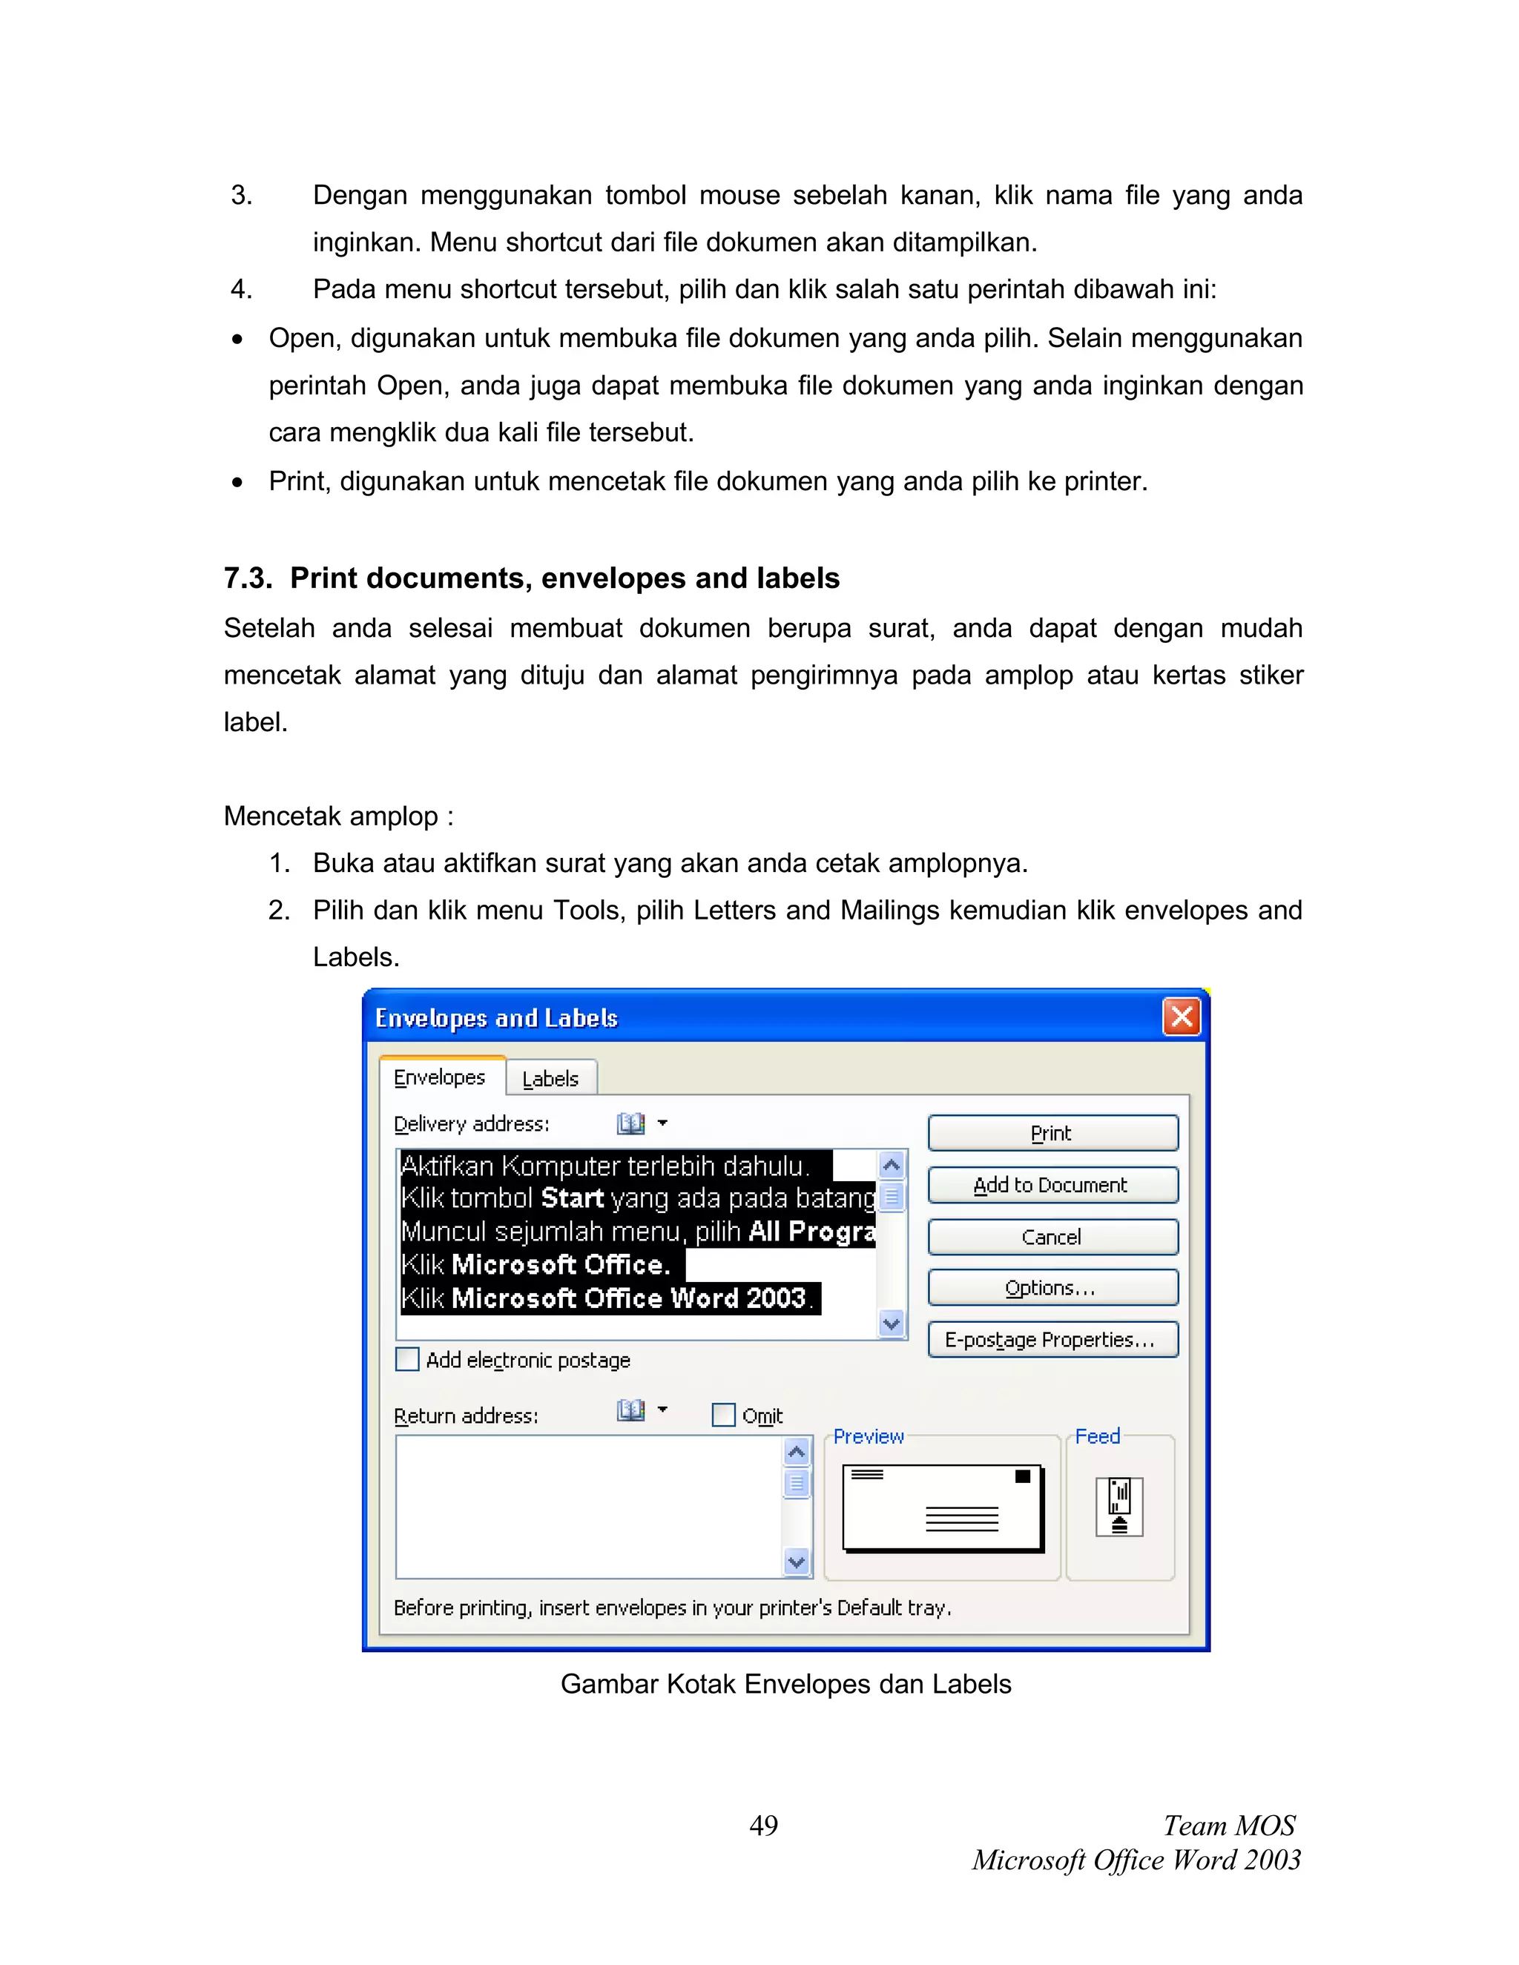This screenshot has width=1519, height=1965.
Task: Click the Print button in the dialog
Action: click(x=1052, y=1133)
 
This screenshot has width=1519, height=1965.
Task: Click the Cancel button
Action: click(x=1052, y=1236)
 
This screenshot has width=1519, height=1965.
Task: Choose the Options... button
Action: click(x=1052, y=1287)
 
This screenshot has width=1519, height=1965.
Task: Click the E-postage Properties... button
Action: click(x=1052, y=1340)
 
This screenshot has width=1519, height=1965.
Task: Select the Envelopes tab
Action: click(x=439, y=1077)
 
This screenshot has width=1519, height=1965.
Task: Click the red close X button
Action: click(x=1182, y=1017)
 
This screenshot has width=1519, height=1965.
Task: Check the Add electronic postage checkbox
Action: click(x=408, y=1359)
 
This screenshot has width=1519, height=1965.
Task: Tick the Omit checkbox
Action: click(x=723, y=1416)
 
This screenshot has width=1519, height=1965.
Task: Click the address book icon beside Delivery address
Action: click(x=631, y=1123)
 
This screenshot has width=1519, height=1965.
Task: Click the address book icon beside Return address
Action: click(x=631, y=1410)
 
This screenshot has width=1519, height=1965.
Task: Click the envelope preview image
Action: click(x=942, y=1507)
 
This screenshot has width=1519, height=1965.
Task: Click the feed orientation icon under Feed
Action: click(x=1118, y=1506)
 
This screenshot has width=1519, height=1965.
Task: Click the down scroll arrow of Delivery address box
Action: click(x=891, y=1324)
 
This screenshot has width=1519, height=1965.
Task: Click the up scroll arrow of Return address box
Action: click(x=797, y=1450)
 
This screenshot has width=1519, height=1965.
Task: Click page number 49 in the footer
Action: click(x=763, y=1826)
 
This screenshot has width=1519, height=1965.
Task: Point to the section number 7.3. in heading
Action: click(x=248, y=578)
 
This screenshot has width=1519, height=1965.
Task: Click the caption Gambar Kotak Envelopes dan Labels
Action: click(x=785, y=1684)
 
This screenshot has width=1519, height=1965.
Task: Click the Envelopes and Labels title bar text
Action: click(x=496, y=1017)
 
